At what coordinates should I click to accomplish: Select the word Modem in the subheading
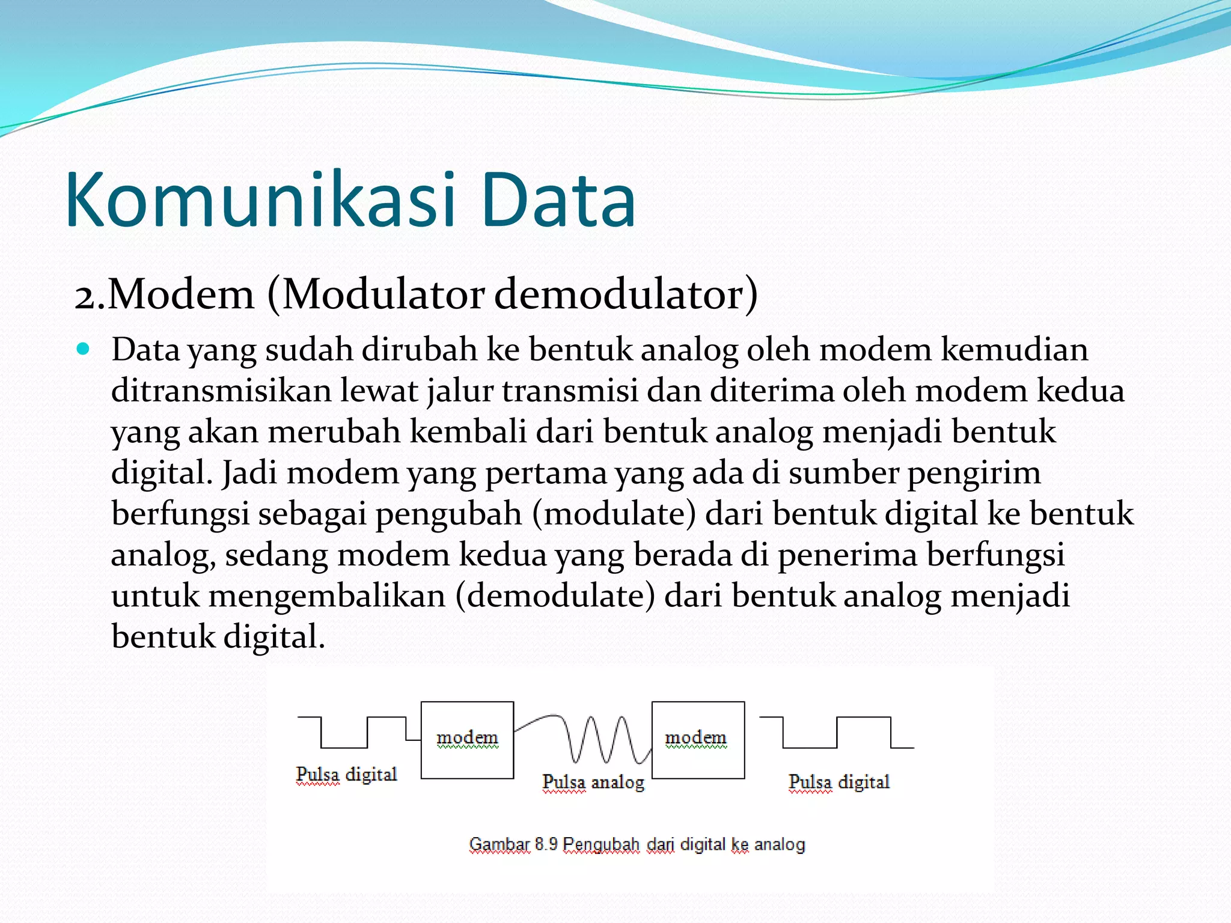[181, 295]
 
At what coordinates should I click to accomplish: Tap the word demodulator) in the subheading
[626, 295]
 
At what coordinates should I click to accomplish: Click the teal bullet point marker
[83, 349]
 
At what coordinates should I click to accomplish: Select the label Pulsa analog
[593, 782]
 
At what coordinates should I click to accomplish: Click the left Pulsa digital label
[346, 774]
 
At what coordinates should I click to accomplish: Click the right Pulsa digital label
[838, 782]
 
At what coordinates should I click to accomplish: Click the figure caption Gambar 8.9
[637, 844]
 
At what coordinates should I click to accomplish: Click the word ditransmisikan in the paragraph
[221, 391]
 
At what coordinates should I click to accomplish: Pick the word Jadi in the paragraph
[249, 473]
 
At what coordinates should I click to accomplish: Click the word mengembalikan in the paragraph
[327, 596]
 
